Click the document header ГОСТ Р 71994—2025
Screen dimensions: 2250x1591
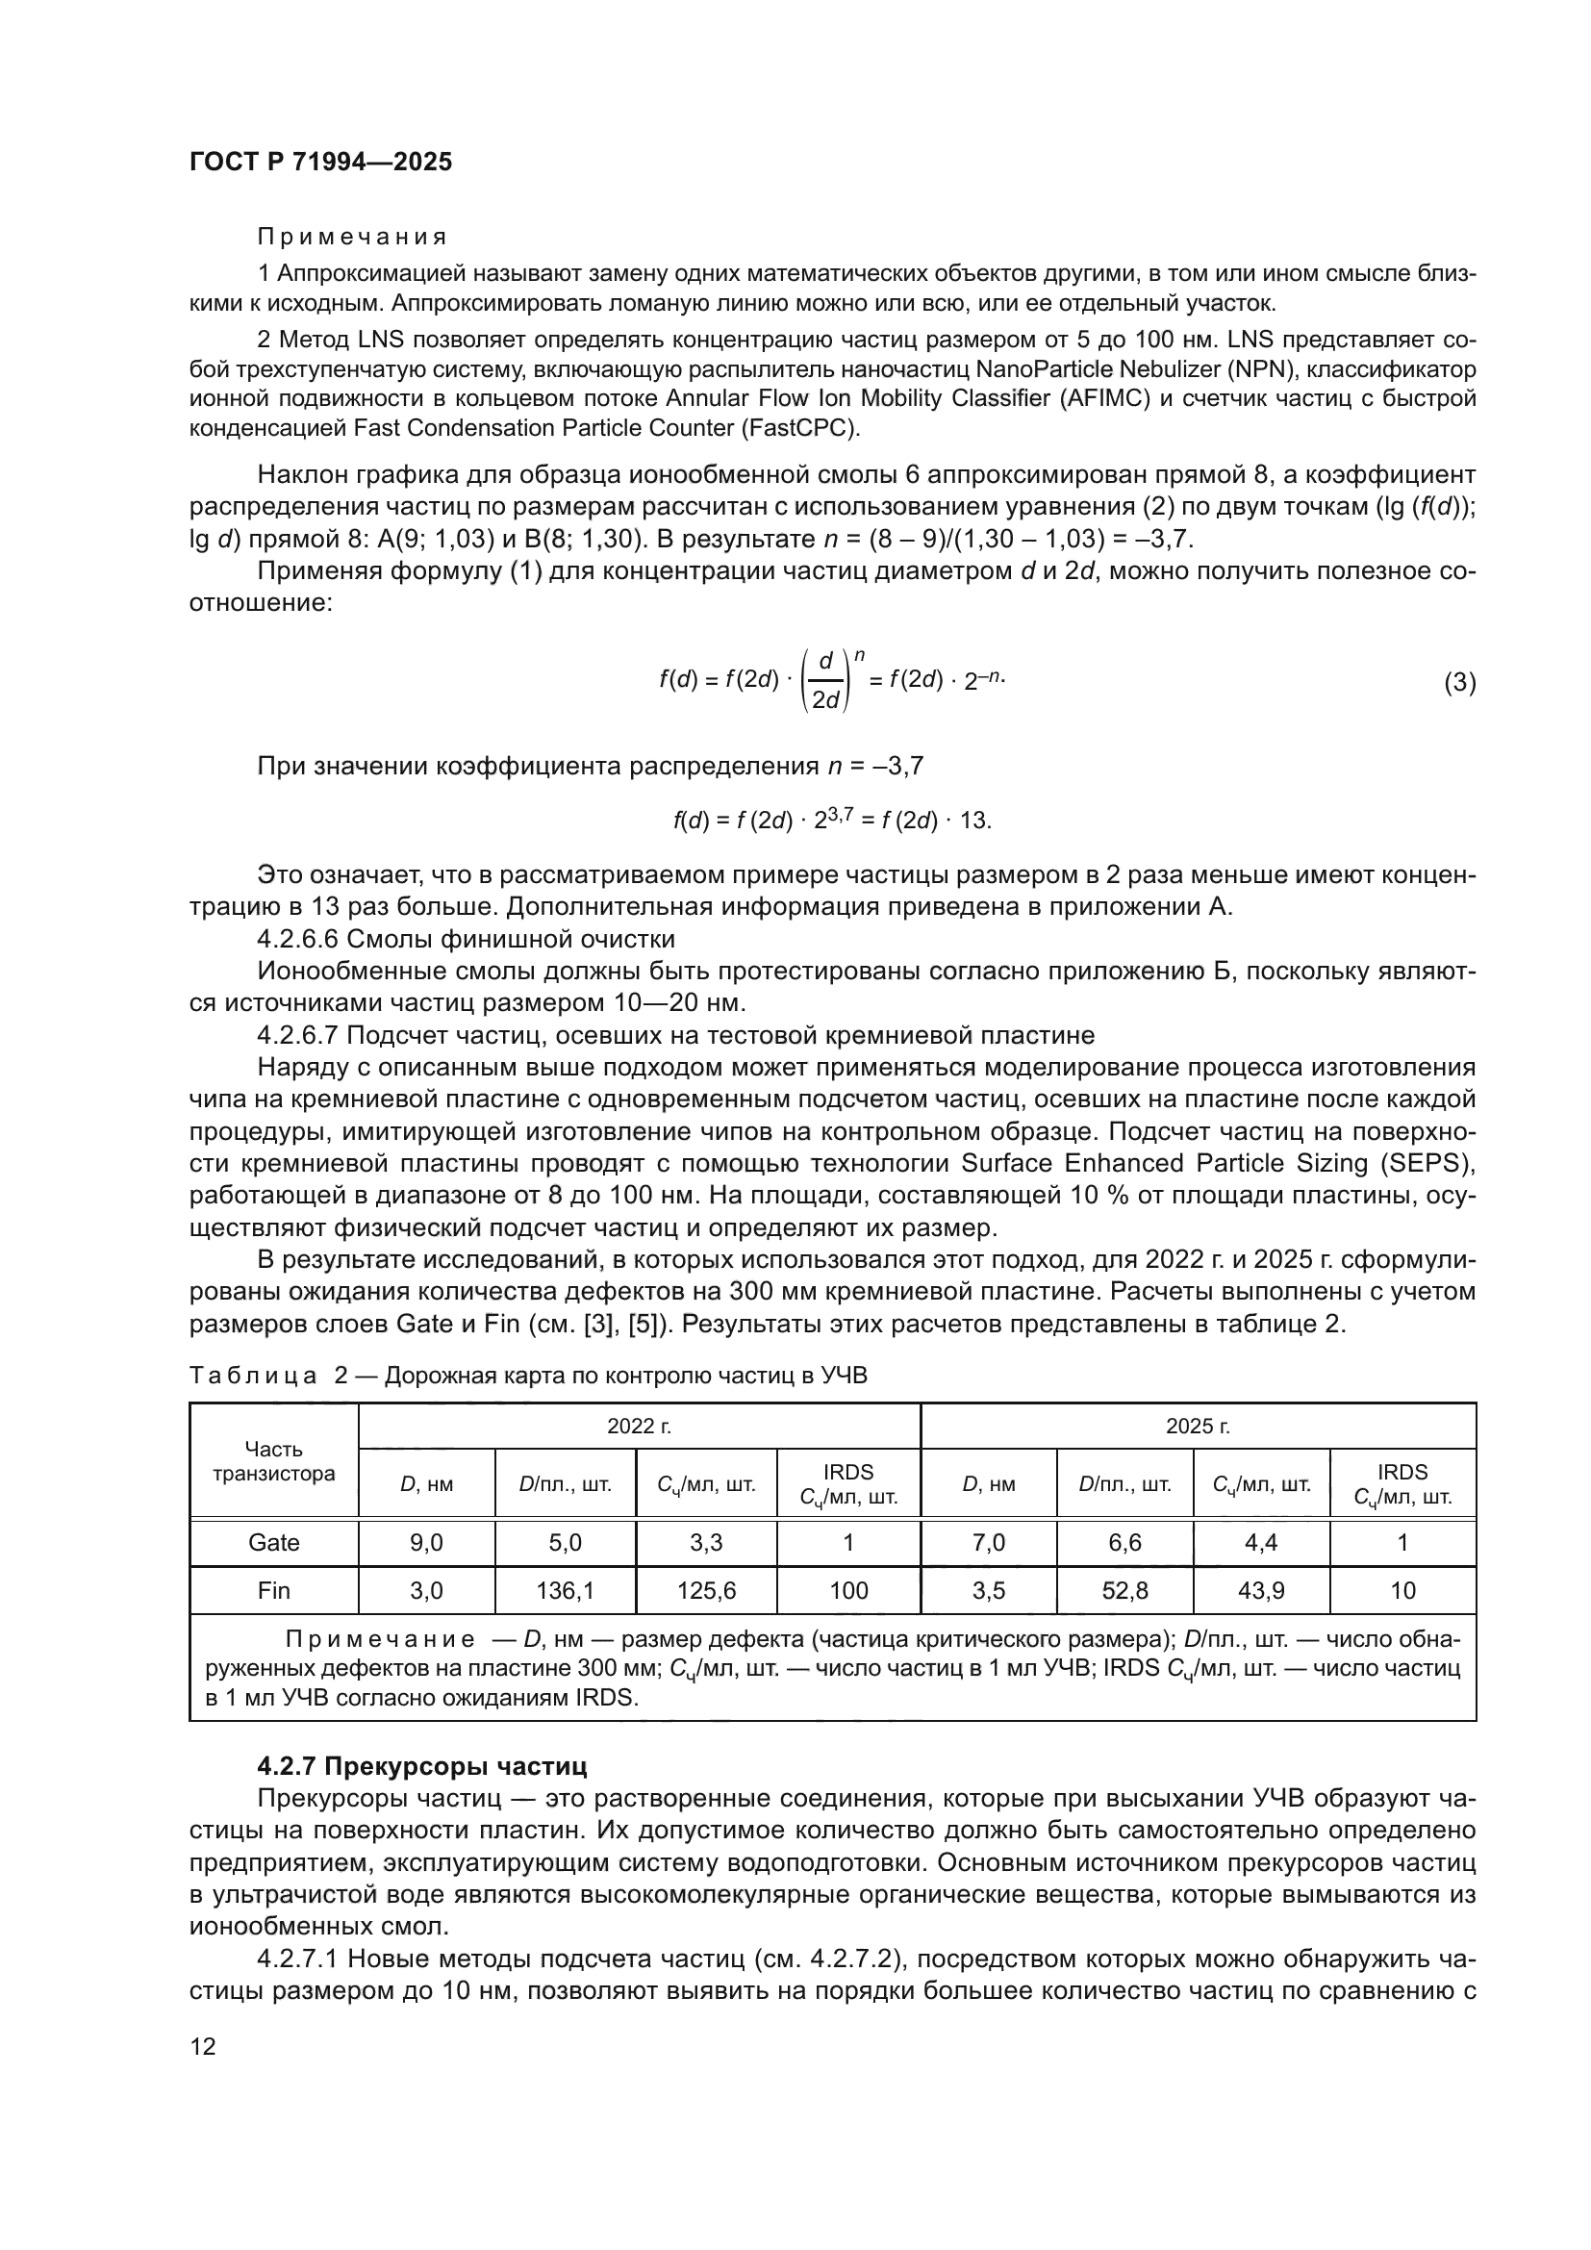tap(320, 162)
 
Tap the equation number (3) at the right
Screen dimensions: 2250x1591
tap(1459, 683)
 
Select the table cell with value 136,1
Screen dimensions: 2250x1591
tap(566, 1589)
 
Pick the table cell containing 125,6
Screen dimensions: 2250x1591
tap(705, 1589)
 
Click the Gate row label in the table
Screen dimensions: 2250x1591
tap(273, 1541)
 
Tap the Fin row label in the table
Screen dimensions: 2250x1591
tap(273, 1589)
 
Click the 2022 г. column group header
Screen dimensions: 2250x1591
tap(639, 1425)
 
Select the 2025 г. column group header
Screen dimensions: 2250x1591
tap(1198, 1425)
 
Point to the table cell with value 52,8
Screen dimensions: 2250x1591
tap(1124, 1589)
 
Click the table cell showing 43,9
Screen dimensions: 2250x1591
tap(1260, 1589)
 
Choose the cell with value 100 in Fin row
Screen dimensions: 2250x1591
tap(847, 1589)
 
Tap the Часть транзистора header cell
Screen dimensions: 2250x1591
tap(273, 1460)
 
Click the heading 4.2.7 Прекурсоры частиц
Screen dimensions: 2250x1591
tap(421, 1766)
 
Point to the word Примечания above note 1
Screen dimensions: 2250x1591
tap(352, 238)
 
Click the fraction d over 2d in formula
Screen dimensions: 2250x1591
tap(825, 682)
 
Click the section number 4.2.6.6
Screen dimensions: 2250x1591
tap(297, 939)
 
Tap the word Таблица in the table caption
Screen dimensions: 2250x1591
tap(253, 1376)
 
